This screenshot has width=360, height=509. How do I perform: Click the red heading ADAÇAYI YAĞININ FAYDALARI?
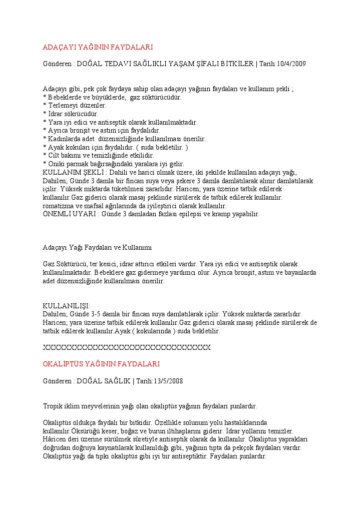[x=98, y=47]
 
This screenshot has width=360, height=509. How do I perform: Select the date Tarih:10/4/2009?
[x=282, y=64]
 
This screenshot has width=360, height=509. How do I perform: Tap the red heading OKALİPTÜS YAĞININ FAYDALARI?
[x=101, y=364]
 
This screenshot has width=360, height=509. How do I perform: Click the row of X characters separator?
[x=127, y=347]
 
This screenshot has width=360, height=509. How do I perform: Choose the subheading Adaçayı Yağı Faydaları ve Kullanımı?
[x=97, y=247]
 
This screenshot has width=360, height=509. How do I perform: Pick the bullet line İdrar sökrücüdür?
[x=73, y=114]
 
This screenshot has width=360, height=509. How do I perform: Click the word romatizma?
[x=59, y=206]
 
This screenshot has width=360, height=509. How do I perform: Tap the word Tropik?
[x=53, y=406]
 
